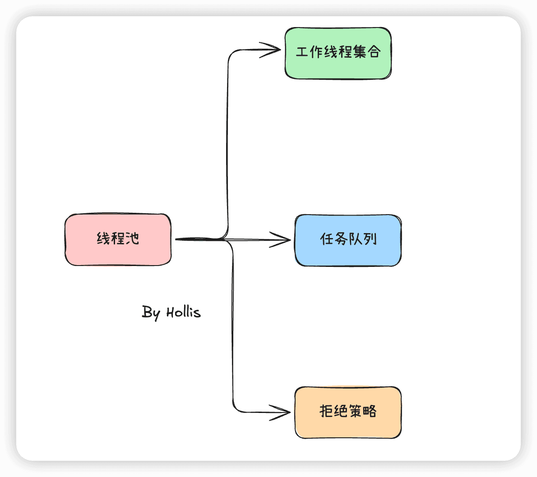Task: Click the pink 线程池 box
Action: pyautogui.click(x=118, y=239)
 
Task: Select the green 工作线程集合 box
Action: pyautogui.click(x=338, y=53)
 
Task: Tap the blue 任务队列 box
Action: pyautogui.click(x=348, y=240)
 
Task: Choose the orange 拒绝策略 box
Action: pyautogui.click(x=348, y=413)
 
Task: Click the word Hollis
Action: pyautogui.click(x=184, y=312)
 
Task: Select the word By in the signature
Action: pyautogui.click(x=151, y=313)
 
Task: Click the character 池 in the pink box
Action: pyautogui.click(x=132, y=238)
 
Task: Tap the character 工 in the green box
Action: pyautogui.click(x=302, y=52)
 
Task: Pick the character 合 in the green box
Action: pyautogui.click(x=374, y=52)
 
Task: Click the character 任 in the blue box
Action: pyautogui.click(x=327, y=239)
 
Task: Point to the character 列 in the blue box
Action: pyautogui.click(x=370, y=239)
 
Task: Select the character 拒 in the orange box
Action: pyautogui.click(x=326, y=411)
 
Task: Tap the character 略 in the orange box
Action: pyautogui.click(x=370, y=411)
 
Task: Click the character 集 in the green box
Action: pyautogui.click(x=360, y=52)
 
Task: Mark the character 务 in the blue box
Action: pyautogui.click(x=341, y=239)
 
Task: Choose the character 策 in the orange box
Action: pyautogui.click(x=356, y=411)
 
